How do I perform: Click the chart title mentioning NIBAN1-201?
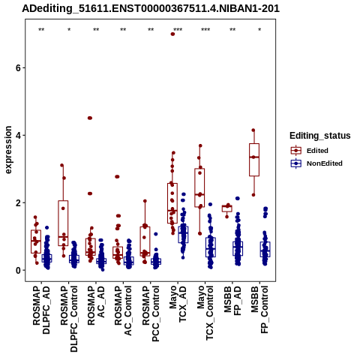(151, 9)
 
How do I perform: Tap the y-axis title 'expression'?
(8, 150)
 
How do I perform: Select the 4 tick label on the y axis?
(18, 135)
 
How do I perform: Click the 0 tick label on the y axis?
(18, 270)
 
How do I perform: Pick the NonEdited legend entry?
(316, 163)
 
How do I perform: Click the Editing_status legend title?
(320, 136)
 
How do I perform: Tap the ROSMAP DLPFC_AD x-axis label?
(41, 310)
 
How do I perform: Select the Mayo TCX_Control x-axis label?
(205, 313)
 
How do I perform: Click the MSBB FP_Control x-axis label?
(259, 309)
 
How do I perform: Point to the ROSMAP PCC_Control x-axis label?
(151, 313)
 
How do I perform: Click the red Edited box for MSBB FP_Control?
(254, 160)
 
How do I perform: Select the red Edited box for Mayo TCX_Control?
(199, 187)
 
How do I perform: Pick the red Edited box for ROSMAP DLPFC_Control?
(63, 223)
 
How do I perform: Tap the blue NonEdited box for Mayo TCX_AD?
(183, 235)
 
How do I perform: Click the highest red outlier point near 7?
(172, 34)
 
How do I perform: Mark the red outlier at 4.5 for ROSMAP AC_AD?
(90, 118)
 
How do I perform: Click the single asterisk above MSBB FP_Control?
(259, 30)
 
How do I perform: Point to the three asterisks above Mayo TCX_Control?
(205, 30)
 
